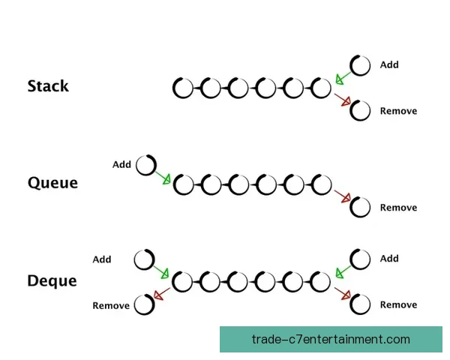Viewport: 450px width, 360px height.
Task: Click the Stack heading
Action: point(48,85)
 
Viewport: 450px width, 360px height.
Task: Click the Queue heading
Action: point(52,182)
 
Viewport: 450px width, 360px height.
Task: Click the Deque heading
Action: point(52,280)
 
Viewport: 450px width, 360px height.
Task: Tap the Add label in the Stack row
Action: point(389,64)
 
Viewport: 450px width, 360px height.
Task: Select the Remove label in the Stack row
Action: point(399,111)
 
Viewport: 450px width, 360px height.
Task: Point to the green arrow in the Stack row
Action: point(343,78)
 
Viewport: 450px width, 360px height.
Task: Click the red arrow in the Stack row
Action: point(343,100)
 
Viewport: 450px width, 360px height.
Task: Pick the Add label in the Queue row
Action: point(121,164)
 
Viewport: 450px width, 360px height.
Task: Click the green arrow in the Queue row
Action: point(163,178)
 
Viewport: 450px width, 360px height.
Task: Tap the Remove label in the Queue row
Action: point(399,208)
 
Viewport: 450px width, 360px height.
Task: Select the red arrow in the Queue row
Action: point(343,196)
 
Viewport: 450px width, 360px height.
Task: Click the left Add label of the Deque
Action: point(102,259)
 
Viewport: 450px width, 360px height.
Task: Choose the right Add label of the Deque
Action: point(389,258)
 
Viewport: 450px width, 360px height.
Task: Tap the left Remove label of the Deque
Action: point(111,306)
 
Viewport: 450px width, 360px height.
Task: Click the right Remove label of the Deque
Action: point(399,304)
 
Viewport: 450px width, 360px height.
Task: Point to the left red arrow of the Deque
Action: point(162,294)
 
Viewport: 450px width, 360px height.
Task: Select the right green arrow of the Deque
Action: point(343,271)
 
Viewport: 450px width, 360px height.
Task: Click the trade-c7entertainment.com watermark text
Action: point(331,339)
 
